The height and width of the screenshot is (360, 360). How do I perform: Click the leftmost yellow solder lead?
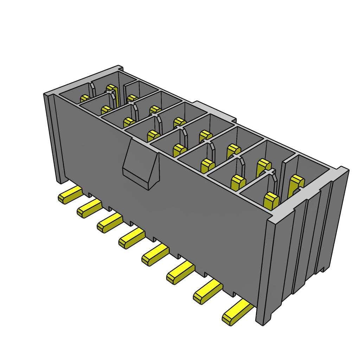click(70, 195)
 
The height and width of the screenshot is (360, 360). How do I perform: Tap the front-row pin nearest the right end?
click(271, 200)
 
